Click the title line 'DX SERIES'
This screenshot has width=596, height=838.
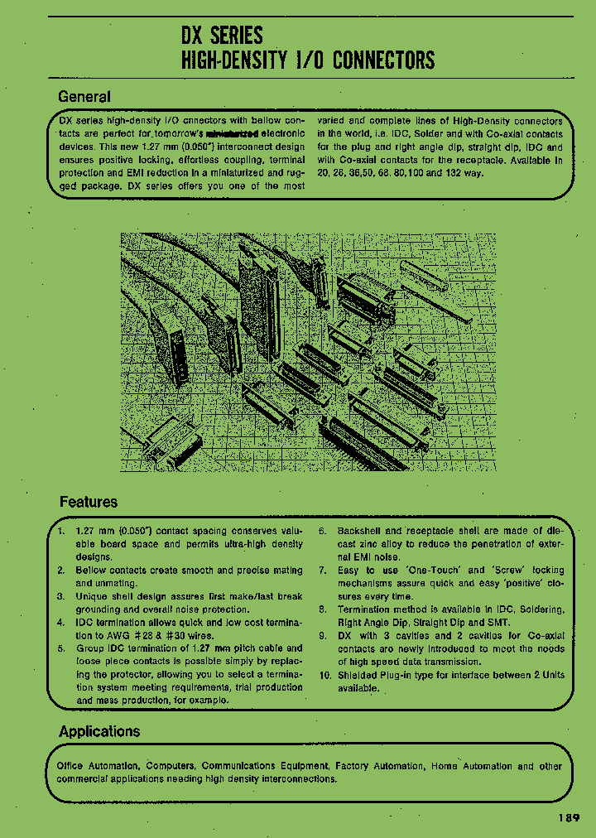pos(221,35)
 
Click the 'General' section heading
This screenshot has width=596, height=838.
pos(84,96)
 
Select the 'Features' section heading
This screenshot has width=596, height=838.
pos(88,502)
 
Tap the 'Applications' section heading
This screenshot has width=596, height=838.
pos(99,731)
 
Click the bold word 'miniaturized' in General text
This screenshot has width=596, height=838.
pos(232,133)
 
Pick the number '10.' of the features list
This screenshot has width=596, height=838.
pos(324,675)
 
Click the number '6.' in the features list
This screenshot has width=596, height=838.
pos(323,531)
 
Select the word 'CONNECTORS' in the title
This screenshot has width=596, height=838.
pos(382,60)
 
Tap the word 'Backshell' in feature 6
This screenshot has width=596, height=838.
pos(359,531)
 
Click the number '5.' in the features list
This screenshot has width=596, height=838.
pos(62,648)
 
